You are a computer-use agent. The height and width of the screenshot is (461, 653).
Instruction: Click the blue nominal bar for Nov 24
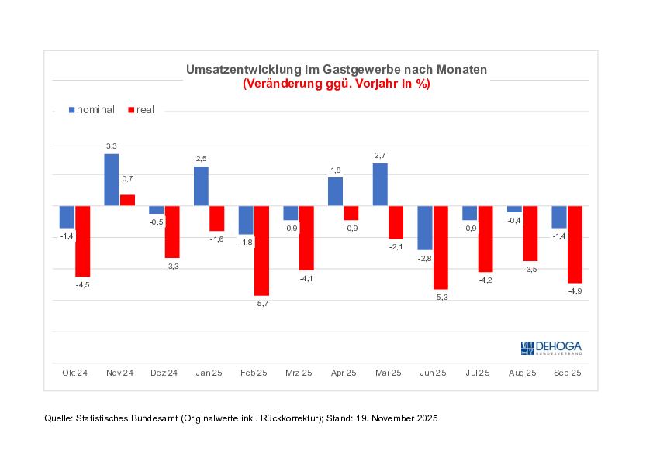(112, 180)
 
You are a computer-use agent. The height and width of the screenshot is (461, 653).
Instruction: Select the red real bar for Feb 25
(261, 250)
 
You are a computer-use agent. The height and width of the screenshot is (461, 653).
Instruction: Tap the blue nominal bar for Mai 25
(380, 184)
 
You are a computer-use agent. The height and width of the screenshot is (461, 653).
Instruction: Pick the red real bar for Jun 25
(441, 247)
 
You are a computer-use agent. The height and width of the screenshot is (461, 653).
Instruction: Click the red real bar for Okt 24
(82, 241)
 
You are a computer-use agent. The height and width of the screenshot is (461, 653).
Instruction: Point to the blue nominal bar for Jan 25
(201, 186)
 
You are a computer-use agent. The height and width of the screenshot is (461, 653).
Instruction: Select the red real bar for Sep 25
(575, 244)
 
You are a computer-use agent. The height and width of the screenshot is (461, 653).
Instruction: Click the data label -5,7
(261, 303)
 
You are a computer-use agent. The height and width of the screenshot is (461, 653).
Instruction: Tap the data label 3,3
(112, 146)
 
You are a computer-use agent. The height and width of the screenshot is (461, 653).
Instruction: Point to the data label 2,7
(380, 156)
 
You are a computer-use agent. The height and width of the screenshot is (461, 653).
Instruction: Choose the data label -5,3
(441, 297)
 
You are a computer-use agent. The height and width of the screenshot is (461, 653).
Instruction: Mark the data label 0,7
(127, 179)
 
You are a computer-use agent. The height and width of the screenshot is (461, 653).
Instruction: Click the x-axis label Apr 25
(342, 373)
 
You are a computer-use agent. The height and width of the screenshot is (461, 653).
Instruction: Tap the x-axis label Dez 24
(164, 373)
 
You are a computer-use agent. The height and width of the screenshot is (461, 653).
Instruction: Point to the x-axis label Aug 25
(521, 373)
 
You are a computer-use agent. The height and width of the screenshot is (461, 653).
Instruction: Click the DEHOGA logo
(551, 348)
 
